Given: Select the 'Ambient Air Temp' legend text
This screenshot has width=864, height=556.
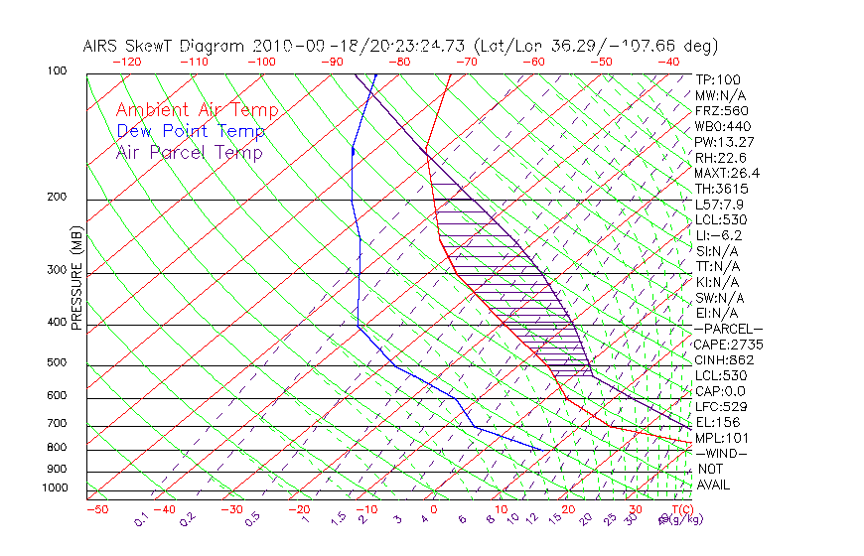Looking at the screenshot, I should point(197,110).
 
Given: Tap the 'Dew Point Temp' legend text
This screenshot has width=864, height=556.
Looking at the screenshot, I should point(191,131).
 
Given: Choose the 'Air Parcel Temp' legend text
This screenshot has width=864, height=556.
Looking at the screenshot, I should point(190,152).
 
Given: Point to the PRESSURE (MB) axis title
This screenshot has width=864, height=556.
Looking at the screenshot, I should point(77,279).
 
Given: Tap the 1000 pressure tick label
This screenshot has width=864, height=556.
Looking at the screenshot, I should point(55,487).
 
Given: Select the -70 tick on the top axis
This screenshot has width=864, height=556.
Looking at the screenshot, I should point(466,61).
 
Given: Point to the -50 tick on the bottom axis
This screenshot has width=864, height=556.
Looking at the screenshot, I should point(96,509).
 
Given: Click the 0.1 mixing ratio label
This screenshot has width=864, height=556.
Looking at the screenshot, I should point(142,517).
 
